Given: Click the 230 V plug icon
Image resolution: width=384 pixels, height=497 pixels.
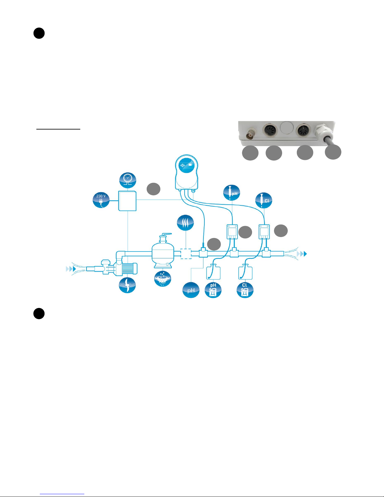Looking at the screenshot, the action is pyautogui.click(x=101, y=200).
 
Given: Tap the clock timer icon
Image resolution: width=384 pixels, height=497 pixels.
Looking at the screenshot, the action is pyautogui.click(x=128, y=181).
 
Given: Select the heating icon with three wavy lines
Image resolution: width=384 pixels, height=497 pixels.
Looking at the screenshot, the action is pyautogui.click(x=185, y=223).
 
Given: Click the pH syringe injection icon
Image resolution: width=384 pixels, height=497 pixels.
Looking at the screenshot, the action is pyautogui.click(x=232, y=193).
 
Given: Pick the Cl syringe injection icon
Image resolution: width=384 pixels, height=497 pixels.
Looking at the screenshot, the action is pyautogui.click(x=264, y=201).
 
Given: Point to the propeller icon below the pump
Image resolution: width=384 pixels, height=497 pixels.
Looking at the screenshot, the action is pyautogui.click(x=127, y=285).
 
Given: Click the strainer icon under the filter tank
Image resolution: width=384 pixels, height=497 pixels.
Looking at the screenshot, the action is pyautogui.click(x=162, y=278).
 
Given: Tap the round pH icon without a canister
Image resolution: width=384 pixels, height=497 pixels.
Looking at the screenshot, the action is pyautogui.click(x=191, y=290).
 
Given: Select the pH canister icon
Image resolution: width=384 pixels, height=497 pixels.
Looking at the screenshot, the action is pyautogui.click(x=213, y=290).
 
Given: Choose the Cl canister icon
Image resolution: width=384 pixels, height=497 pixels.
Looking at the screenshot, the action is pyautogui.click(x=245, y=290).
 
